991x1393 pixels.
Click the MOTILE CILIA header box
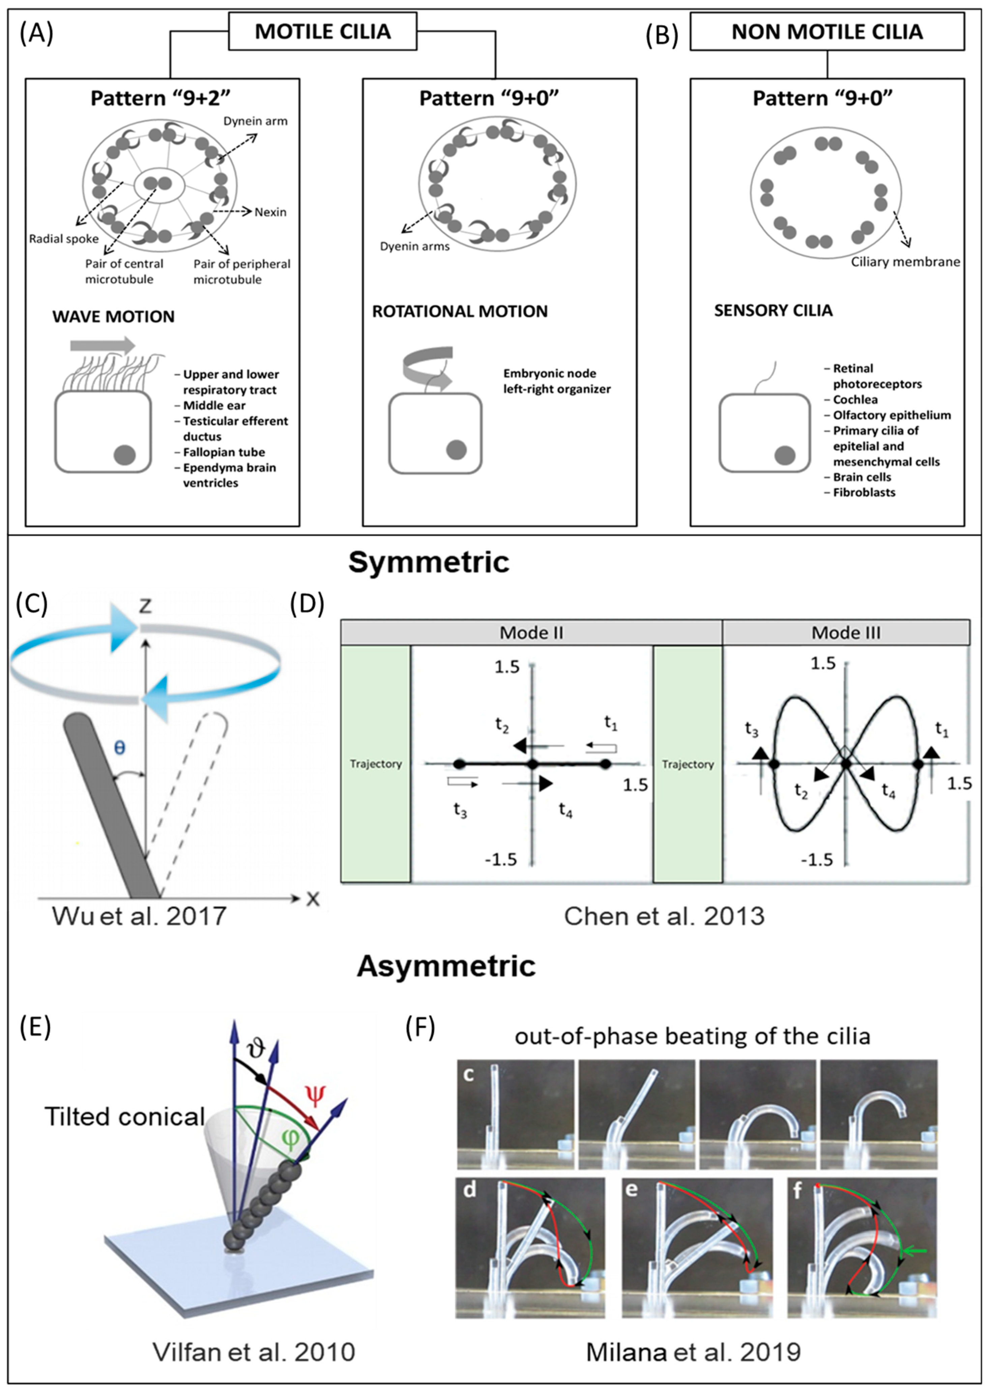(x=322, y=32)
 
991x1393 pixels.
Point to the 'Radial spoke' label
(x=63, y=239)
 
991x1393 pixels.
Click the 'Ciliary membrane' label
(x=905, y=262)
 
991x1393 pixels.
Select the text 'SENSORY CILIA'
(x=773, y=311)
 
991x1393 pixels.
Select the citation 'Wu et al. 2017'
(x=139, y=916)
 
